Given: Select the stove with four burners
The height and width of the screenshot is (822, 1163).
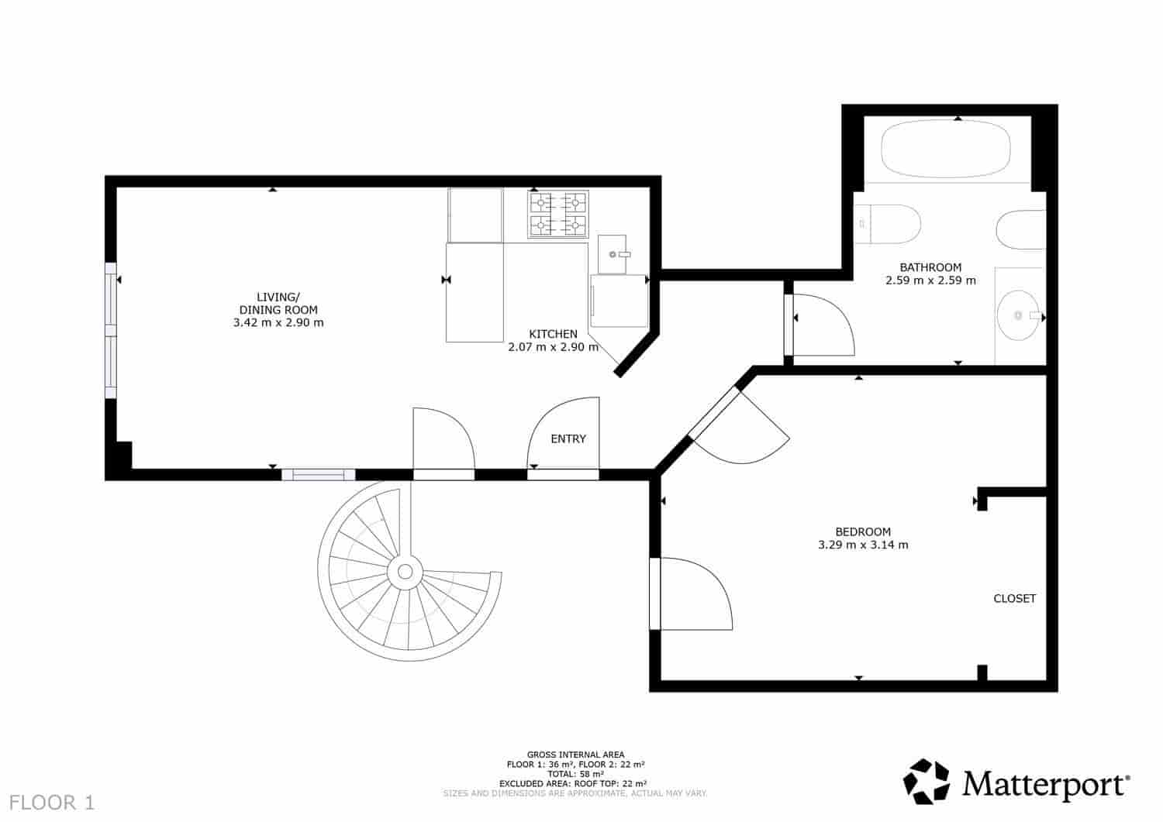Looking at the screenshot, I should tap(557, 214).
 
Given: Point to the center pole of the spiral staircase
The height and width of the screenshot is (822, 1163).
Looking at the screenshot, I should tap(404, 572).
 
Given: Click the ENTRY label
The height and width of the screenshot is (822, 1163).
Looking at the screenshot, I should tap(568, 439).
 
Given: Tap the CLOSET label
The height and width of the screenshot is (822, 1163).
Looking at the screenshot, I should tap(1014, 598).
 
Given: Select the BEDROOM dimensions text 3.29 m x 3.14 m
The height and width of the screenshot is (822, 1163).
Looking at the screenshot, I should tap(863, 545).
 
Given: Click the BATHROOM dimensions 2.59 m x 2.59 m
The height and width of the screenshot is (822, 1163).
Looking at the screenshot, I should tap(930, 280).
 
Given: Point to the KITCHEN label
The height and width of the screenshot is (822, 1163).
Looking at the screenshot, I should tap(553, 334).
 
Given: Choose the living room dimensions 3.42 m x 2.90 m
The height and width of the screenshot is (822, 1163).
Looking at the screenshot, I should tap(278, 322).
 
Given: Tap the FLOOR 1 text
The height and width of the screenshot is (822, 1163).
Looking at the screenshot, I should tap(53, 803).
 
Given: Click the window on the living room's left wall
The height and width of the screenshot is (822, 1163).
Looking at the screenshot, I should tap(111, 331).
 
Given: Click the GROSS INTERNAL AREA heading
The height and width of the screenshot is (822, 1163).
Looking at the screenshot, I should tap(575, 755).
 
